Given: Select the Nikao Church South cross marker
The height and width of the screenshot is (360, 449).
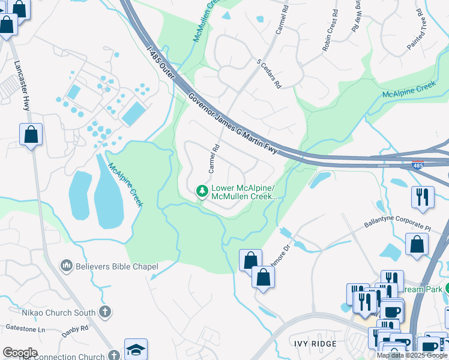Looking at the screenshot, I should (x=104, y=311).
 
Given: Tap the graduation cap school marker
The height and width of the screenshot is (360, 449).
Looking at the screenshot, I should (x=136, y=349).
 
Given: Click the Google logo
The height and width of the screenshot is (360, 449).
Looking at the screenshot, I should (x=20, y=353).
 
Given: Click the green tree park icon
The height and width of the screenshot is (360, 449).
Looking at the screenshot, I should (x=202, y=191).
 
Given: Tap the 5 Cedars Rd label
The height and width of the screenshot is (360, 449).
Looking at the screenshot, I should (x=268, y=74).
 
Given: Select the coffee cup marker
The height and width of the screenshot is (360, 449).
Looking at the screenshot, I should (x=393, y=312).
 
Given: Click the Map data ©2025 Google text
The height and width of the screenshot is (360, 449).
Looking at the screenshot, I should (x=412, y=355).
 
